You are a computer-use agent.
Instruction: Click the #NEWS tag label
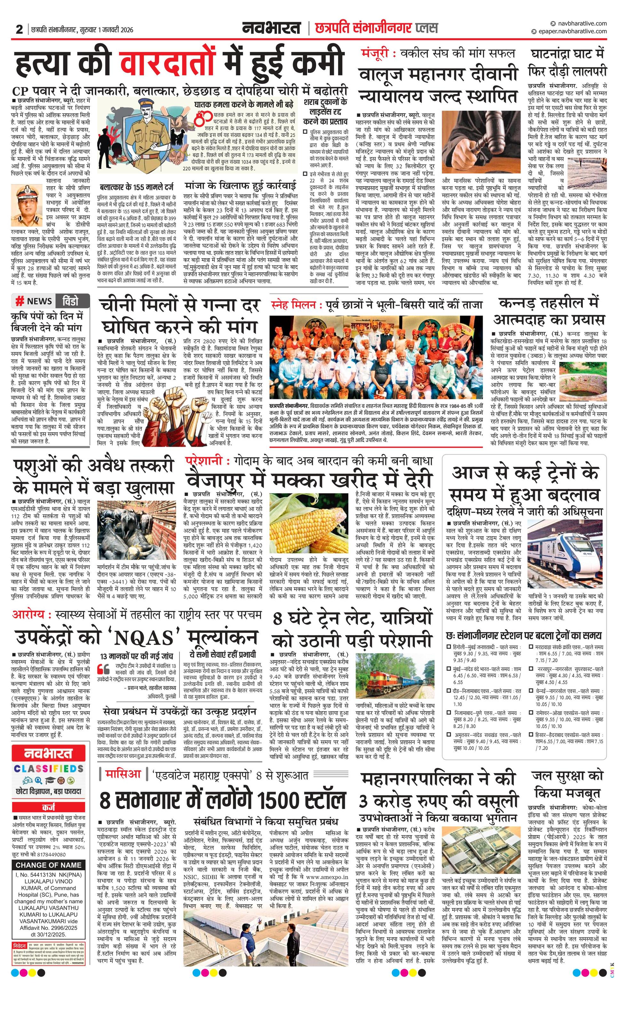tap(33, 301)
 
